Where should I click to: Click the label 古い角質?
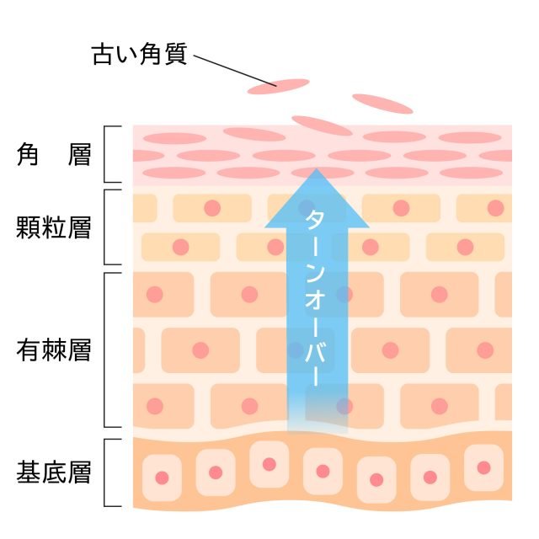pos(140,54)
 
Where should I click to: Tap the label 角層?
pos(54,155)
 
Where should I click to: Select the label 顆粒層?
pos(54,227)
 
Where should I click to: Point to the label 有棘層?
pos(54,350)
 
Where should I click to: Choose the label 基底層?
pos(54,472)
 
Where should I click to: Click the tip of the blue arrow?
pos(317,168)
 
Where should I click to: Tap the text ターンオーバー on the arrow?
pos(315,298)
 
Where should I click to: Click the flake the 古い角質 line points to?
pos(279,87)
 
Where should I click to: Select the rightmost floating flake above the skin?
pos(382,104)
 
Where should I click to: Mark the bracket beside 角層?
pos(104,154)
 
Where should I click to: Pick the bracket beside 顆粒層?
pos(104,227)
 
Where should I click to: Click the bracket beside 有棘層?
pos(104,350)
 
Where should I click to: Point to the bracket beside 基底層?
pos(104,472)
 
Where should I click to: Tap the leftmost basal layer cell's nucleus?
pos(162,478)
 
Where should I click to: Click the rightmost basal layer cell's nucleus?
pos(483,467)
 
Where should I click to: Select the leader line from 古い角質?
pos(235,71)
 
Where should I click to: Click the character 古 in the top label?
pos(103,54)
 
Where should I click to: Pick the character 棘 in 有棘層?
pos(54,350)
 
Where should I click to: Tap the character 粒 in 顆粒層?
pos(54,227)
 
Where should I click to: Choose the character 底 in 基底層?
pos(54,472)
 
